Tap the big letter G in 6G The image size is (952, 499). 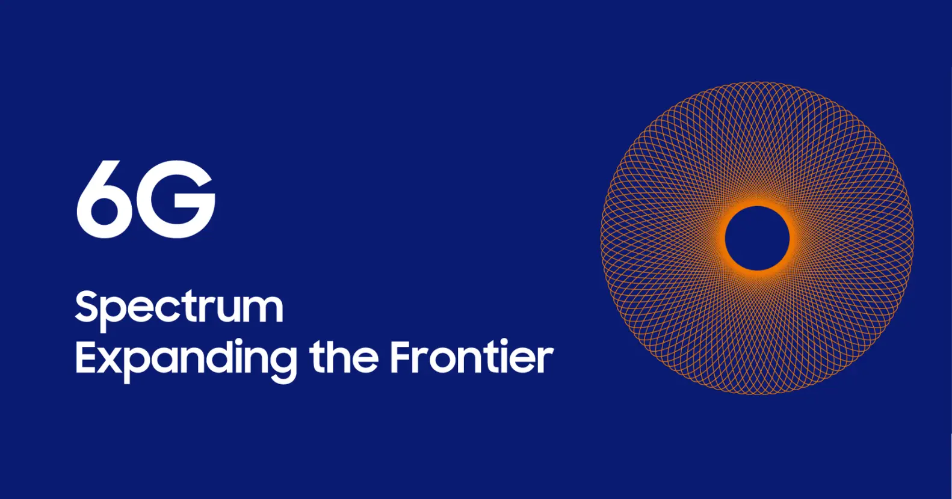coord(175,199)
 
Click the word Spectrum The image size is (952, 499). coord(179,310)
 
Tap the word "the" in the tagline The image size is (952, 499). coord(344,357)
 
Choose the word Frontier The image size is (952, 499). coord(472,357)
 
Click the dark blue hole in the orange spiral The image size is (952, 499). coord(757,238)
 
